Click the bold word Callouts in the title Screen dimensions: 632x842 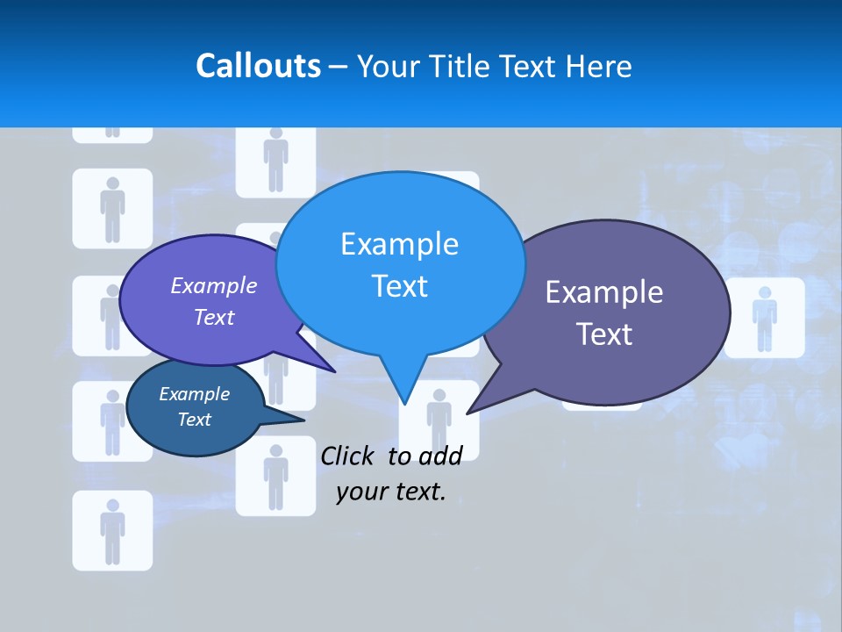point(259,66)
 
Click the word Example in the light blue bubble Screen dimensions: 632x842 point(399,244)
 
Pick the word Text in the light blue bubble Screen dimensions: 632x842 point(399,286)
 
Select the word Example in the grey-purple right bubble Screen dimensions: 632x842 point(604,292)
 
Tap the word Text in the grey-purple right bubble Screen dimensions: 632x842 point(604,334)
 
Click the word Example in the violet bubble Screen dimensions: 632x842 point(214,286)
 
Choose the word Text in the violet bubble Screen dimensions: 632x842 point(214,318)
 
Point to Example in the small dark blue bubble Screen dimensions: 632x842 point(194,394)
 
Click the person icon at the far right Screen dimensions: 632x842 point(764,317)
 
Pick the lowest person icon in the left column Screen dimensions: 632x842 point(112,530)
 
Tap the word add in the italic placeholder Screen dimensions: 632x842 point(440,456)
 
